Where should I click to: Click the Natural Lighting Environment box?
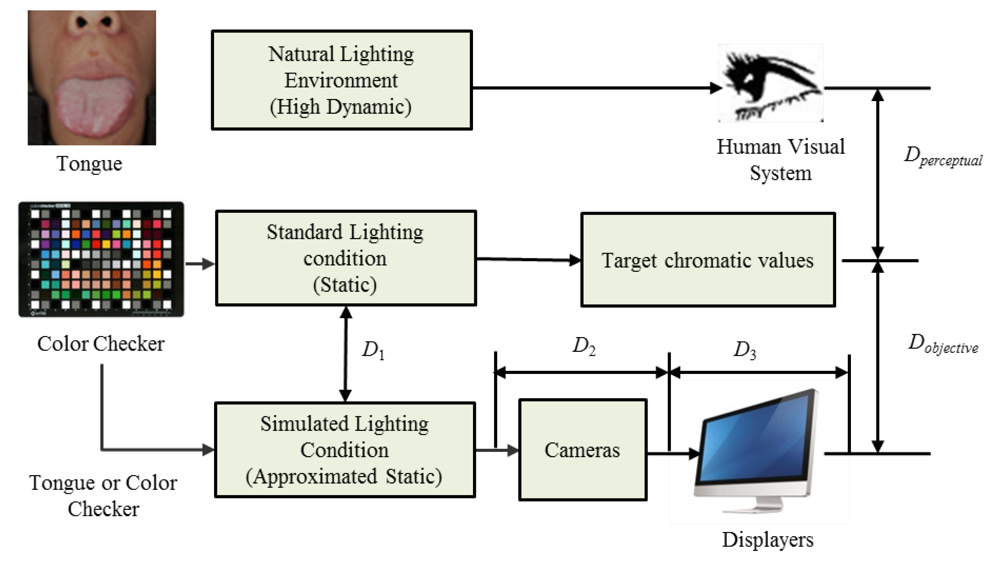click(x=342, y=80)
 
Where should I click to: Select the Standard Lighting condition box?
click(x=346, y=258)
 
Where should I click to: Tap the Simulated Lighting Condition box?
click(x=345, y=450)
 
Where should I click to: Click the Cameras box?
click(x=583, y=450)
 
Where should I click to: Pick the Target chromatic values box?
click(x=708, y=260)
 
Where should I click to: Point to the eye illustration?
click(x=771, y=83)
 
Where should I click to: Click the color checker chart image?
click(x=101, y=259)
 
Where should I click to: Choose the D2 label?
click(x=583, y=346)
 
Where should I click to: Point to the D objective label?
click(x=943, y=344)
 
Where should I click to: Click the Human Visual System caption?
click(x=781, y=160)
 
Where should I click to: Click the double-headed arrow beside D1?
click(x=345, y=354)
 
